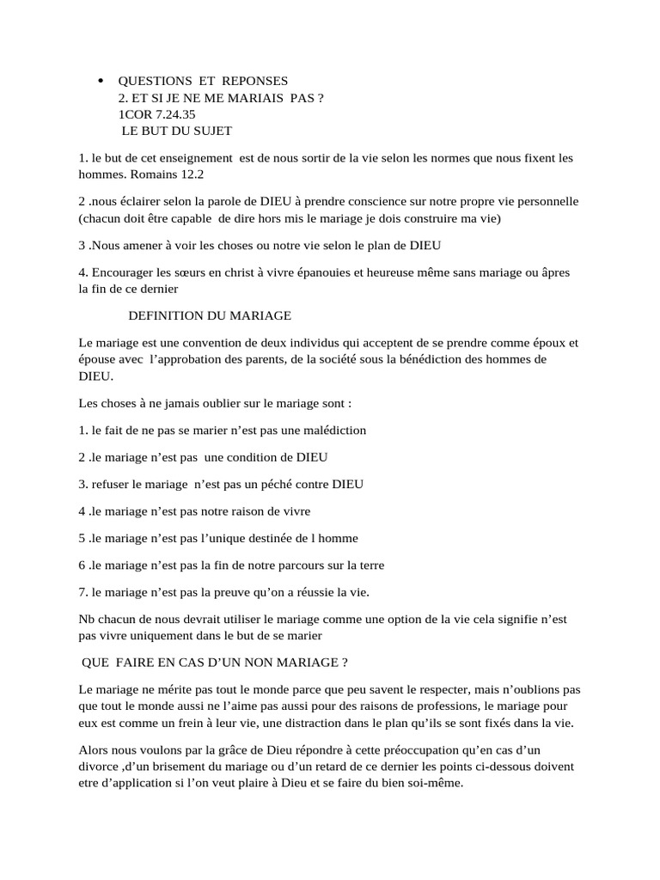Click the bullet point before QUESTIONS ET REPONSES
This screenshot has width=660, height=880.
[101, 81]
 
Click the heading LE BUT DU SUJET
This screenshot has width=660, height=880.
[176, 131]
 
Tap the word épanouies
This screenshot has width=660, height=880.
[335, 272]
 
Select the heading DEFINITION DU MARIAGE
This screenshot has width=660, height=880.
[215, 316]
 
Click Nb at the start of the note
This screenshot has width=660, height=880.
[86, 620]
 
